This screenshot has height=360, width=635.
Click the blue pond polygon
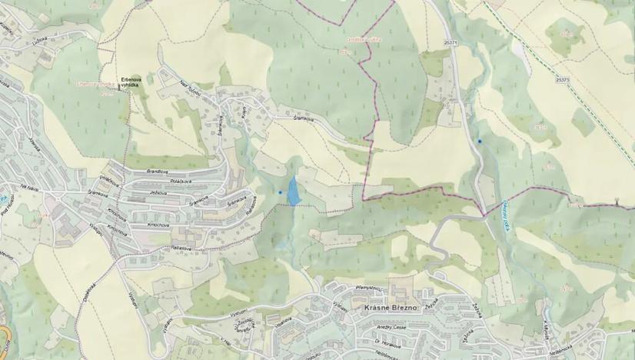[x=293, y=191]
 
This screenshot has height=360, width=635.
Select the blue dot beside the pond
[x=281, y=192]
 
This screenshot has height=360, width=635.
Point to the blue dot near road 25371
[x=480, y=141]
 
